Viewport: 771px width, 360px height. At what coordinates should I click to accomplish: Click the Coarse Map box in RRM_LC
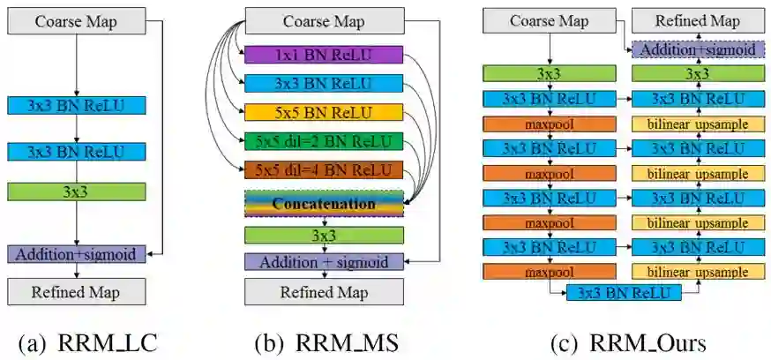(76, 21)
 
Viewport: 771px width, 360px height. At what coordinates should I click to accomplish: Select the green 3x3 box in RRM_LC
(76, 191)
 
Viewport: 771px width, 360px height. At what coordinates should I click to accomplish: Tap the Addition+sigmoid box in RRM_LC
(76, 254)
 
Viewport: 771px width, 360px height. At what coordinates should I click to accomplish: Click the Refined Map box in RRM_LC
(76, 291)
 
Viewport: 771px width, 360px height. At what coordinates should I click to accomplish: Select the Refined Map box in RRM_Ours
(698, 21)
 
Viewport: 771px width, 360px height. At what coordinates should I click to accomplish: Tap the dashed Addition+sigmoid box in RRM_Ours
(698, 49)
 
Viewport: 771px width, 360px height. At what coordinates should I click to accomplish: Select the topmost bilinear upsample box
(698, 124)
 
